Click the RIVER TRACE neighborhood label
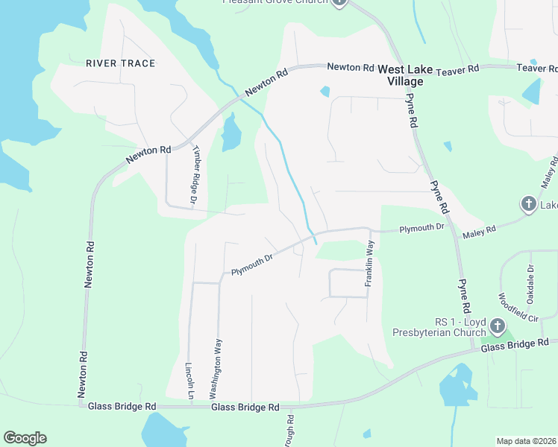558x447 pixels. pyautogui.click(x=120, y=63)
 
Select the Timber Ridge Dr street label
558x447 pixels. pyautogui.click(x=194, y=175)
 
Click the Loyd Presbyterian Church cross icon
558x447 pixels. pyautogui.click(x=498, y=326)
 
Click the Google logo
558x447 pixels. pyautogui.click(x=25, y=438)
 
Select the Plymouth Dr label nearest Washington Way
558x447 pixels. pyautogui.click(x=252, y=264)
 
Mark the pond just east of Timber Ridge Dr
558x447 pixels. pyautogui.click(x=231, y=134)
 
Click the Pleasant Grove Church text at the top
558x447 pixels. pyautogui.click(x=275, y=2)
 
